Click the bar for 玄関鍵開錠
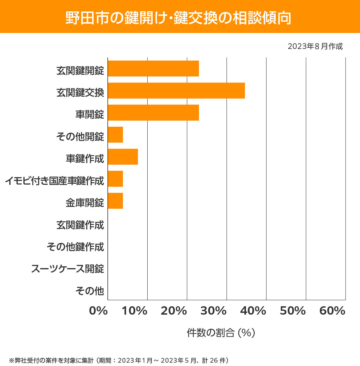[153, 68]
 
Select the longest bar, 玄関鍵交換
[176, 90]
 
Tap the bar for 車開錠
[153, 113]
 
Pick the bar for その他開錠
[115, 135]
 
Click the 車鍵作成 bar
[123, 157]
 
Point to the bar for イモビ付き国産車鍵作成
[115, 179]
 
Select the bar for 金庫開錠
[115, 201]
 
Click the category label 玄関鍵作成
[80, 225]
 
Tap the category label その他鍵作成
[75, 247]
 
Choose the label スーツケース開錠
[68, 269]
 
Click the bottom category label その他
[90, 291]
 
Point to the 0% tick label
[98, 311]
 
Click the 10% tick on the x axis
[135, 311]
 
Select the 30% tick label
[214, 311]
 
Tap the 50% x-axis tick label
[293, 311]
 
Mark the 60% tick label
[332, 311]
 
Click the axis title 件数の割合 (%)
[221, 333]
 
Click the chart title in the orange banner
[178, 18]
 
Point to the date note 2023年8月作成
[315, 47]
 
